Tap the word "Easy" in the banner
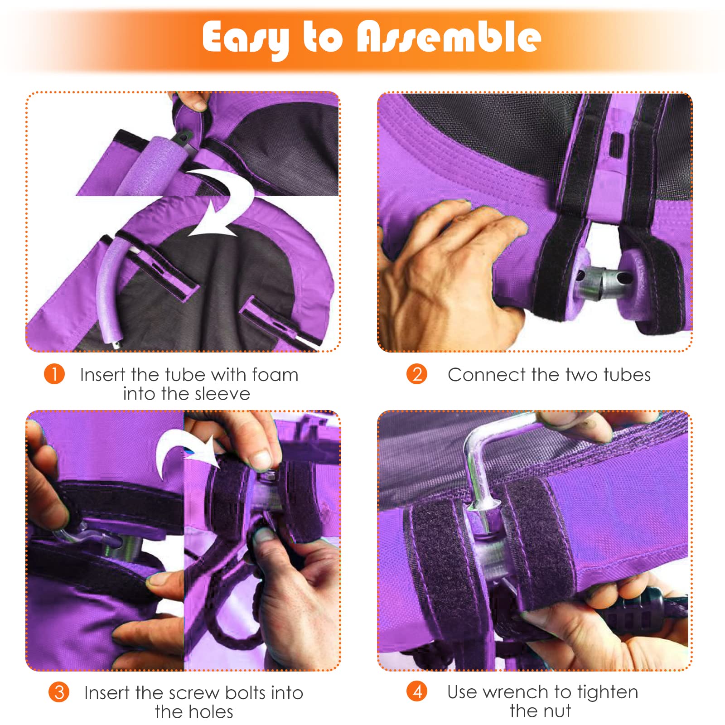246,39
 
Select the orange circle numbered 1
54,374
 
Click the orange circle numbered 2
417,374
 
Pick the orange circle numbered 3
59,692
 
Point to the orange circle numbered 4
417,691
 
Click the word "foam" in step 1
275,375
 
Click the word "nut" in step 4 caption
556,711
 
